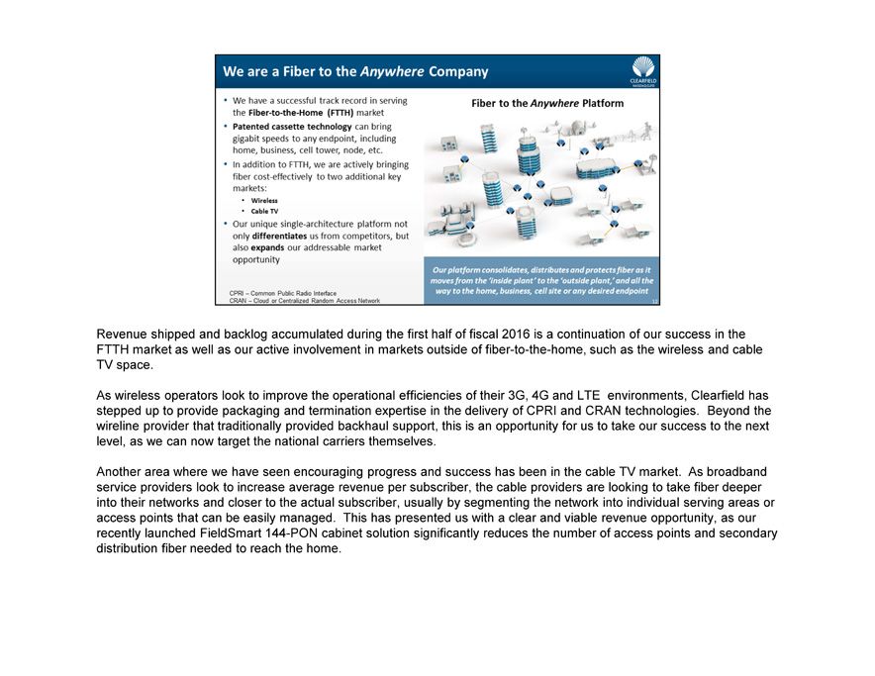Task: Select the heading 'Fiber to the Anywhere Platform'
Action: [547, 103]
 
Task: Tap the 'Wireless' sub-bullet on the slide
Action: [264, 201]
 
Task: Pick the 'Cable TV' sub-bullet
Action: [264, 211]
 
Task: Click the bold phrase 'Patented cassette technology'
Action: [292, 127]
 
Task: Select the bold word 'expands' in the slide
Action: [267, 248]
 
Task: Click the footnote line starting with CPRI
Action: [282, 293]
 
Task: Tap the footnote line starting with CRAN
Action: [304, 301]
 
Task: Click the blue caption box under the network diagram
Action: [541, 280]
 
